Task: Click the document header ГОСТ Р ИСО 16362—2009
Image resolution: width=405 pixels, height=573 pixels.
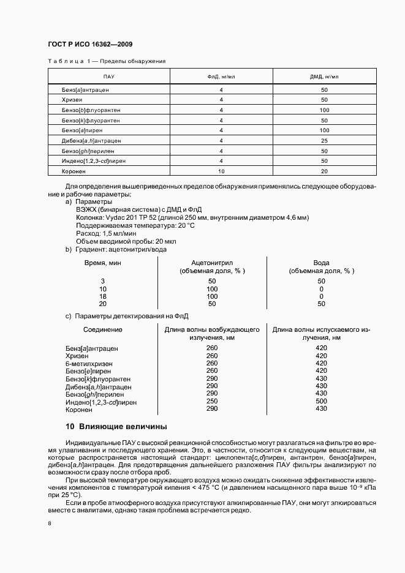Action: [x=90, y=45]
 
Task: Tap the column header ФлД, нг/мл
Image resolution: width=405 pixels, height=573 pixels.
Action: [x=221, y=77]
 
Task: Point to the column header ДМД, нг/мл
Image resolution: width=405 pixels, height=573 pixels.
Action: [x=324, y=77]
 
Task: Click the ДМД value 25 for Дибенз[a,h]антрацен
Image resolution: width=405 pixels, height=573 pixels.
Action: [x=324, y=141]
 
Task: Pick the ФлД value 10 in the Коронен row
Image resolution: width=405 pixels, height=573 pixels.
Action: [x=221, y=171]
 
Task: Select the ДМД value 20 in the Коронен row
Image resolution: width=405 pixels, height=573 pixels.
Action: [x=324, y=171]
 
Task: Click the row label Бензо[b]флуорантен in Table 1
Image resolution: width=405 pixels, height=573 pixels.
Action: [x=91, y=110]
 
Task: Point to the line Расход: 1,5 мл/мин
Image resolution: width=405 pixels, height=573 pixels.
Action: [x=106, y=233]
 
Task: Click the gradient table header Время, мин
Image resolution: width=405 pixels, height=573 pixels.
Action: [x=102, y=263]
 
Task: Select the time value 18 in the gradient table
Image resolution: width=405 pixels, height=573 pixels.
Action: [x=102, y=296]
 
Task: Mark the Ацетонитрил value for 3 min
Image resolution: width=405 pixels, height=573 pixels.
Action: [x=212, y=281]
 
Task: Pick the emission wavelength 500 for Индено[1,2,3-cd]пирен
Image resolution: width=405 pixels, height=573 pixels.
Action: [x=321, y=402]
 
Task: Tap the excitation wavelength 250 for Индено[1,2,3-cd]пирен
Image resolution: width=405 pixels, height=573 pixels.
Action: [x=212, y=402]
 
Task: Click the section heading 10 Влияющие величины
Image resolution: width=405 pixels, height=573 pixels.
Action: [x=116, y=426]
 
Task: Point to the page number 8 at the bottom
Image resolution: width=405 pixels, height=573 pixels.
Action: [x=50, y=524]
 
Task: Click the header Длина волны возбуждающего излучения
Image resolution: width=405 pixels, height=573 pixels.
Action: [x=212, y=334]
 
